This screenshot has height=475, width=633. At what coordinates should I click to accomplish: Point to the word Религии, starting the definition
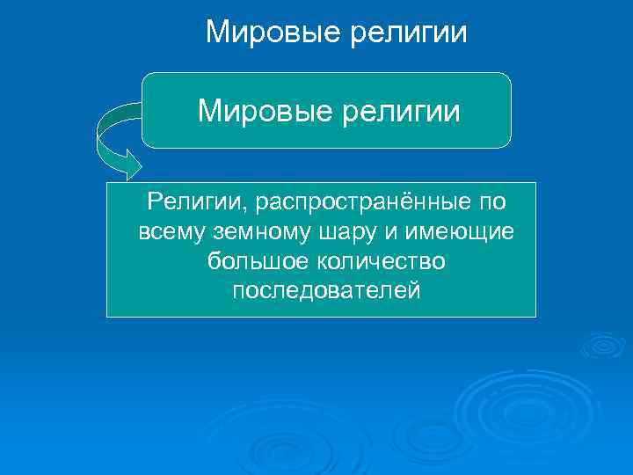pyautogui.click(x=196, y=203)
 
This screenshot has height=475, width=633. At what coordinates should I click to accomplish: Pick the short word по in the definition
pyautogui.click(x=492, y=203)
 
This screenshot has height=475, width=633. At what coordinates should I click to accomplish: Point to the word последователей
pyautogui.click(x=327, y=290)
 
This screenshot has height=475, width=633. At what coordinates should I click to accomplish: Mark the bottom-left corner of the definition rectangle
pyautogui.click(x=108, y=315)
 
